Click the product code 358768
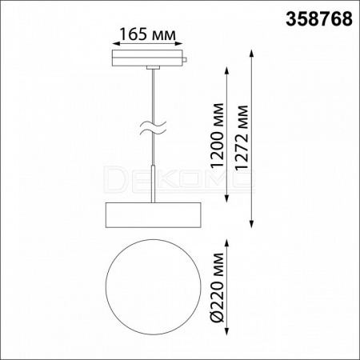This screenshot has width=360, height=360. [319, 19]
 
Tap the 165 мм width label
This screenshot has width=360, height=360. [147, 34]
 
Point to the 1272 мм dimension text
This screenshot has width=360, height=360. [242, 138]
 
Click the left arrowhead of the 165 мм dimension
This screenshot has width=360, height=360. [115, 43]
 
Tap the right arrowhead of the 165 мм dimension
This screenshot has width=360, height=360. [179, 43]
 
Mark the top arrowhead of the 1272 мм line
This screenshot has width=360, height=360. [251, 53]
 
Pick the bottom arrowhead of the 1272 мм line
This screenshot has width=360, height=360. [251, 224]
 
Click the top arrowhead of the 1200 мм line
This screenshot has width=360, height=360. [227, 70]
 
